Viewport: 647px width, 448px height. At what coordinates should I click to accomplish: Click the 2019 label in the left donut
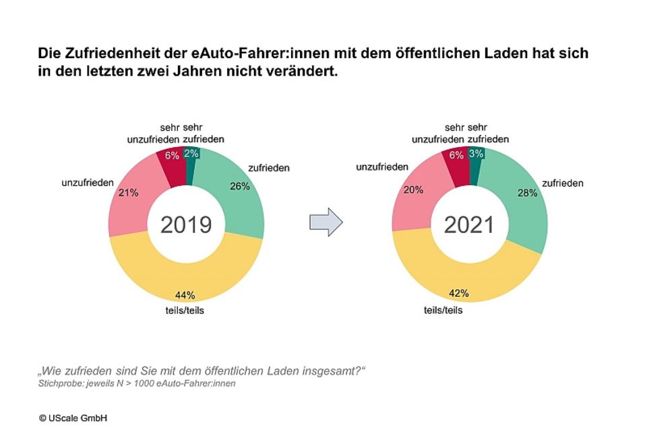coord(186,225)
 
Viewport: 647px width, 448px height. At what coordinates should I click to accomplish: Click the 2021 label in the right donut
coord(469,225)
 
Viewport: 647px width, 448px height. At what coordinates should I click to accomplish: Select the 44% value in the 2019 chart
coord(185,295)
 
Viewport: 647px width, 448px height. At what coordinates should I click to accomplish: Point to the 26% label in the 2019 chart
coord(239,187)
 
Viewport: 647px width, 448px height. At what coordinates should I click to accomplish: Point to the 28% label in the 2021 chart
coord(528,193)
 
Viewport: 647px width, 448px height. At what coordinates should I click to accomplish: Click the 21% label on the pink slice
coord(128,192)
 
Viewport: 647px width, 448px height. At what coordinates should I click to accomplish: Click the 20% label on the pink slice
coord(413,190)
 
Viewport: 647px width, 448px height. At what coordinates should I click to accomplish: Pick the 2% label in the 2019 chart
coord(191,153)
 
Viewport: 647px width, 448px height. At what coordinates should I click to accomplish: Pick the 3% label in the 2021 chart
coord(476,154)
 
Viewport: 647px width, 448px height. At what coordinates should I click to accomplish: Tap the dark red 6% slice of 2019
coord(171,156)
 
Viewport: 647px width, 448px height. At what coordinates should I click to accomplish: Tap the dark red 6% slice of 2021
coord(456,157)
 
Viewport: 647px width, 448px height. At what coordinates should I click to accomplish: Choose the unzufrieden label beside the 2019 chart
coord(88,183)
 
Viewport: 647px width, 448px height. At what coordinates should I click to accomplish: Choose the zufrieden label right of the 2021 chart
coord(562,183)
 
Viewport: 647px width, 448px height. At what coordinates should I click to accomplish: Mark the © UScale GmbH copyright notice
coord(73,418)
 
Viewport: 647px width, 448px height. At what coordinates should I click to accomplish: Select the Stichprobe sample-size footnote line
coord(137,384)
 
